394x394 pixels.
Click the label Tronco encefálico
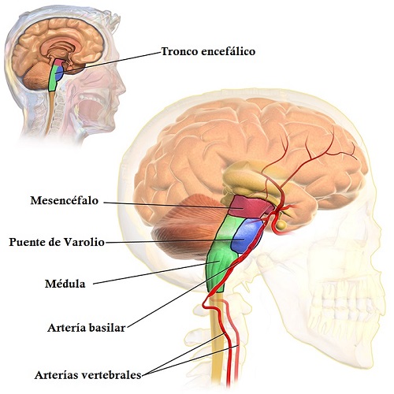point(208,51)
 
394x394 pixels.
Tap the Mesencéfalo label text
point(65,201)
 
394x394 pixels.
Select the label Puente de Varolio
point(57,242)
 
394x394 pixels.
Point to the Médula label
point(65,284)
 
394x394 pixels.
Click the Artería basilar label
point(87,328)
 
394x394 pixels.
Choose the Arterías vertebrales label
point(88,375)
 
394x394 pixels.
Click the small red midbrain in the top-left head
point(59,62)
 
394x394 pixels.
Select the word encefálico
point(229,51)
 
